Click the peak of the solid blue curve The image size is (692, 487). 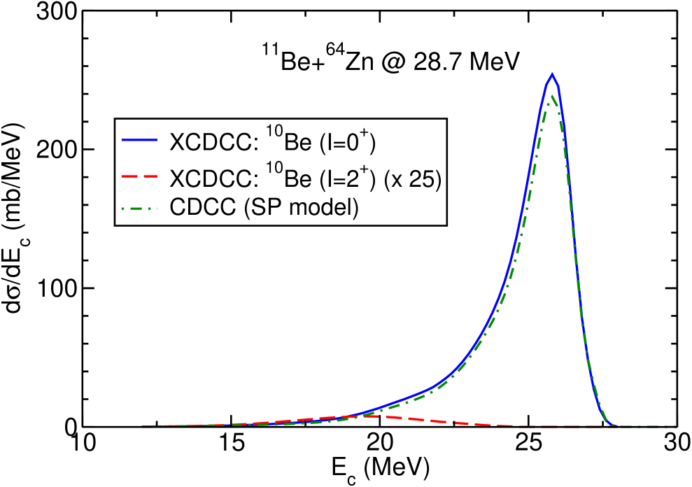tap(553, 73)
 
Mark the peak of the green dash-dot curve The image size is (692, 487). tap(553, 95)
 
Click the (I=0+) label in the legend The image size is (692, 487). tap(348, 142)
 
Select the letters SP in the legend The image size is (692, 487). tap(262, 209)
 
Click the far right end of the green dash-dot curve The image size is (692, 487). tap(676, 426)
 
